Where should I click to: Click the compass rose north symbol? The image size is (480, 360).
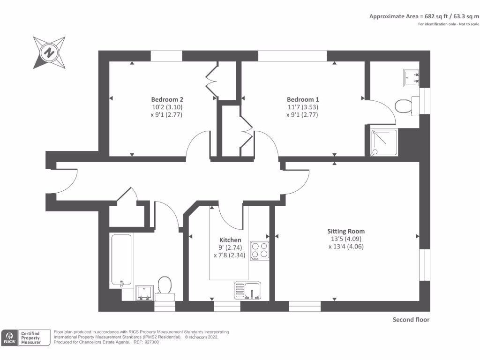(48, 52)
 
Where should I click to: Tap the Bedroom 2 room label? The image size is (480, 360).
(167, 99)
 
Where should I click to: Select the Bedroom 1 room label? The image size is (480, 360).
(303, 99)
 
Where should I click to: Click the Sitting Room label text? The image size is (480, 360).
(346, 231)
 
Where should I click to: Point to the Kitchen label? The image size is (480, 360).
(230, 240)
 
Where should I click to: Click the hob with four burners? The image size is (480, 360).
(260, 250)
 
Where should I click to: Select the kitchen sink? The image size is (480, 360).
(247, 290)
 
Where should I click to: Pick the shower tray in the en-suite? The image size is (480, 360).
(384, 142)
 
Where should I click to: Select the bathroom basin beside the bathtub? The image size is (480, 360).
(144, 292)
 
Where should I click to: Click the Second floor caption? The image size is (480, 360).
(411, 320)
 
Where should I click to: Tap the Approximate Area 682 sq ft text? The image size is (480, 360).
(424, 16)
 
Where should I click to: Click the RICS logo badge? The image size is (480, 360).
(9, 337)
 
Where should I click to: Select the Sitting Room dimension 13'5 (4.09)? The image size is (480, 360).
(346, 239)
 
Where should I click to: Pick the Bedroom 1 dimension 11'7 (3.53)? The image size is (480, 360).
(303, 107)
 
